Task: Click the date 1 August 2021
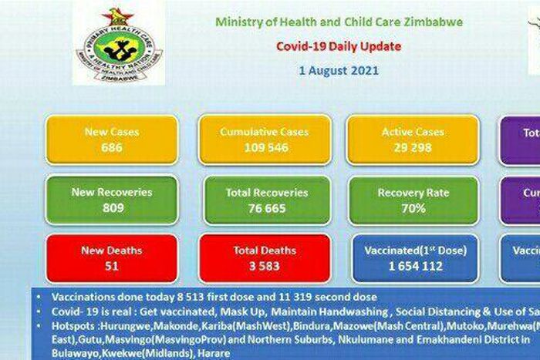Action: coord(339,71)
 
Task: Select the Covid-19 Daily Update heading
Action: coord(339,47)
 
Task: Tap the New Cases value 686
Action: coord(111,147)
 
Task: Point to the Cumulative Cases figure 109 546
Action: coord(265,147)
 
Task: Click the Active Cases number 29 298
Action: coord(412,147)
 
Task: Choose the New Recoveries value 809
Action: coord(111,208)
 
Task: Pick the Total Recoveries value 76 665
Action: coord(265,208)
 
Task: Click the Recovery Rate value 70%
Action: coord(413,208)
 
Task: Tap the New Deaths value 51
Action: coord(111,266)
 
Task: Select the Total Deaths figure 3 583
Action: coord(265,266)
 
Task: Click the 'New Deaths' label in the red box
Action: coord(111,251)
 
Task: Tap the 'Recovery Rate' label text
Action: coord(413,193)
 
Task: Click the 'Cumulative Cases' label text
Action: coord(265,132)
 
